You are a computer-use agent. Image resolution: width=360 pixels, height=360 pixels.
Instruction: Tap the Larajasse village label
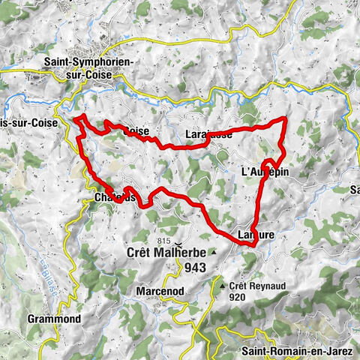coord(206,134)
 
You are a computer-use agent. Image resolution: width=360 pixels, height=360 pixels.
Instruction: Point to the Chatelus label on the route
coord(115,198)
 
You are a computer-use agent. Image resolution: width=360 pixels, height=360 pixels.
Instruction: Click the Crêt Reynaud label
coord(253,286)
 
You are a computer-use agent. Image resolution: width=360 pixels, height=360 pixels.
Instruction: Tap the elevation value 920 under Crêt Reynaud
coord(239,297)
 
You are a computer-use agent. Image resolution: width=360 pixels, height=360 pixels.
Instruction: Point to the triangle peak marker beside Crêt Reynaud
coord(223,286)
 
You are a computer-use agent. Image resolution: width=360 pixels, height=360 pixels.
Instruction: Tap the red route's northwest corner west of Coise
coord(75,117)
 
